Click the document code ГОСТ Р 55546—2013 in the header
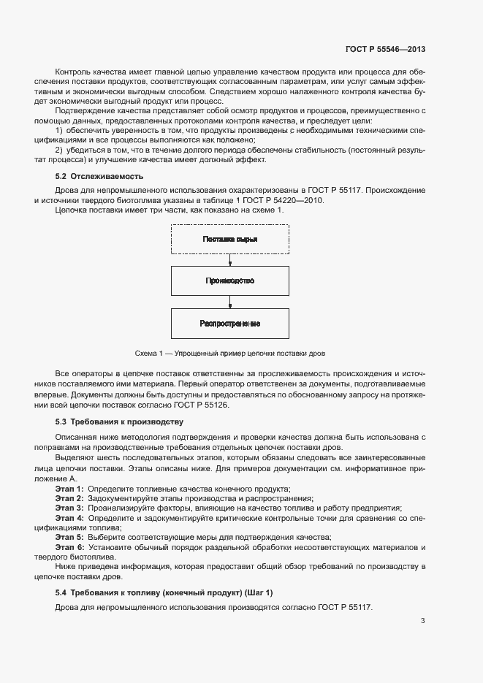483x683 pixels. (x=384, y=50)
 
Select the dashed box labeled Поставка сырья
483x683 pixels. (x=229, y=239)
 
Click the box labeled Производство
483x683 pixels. (x=229, y=281)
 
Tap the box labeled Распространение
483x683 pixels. (x=229, y=323)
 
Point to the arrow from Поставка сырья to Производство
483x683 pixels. (x=229, y=259)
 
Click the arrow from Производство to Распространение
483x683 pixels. (x=229, y=302)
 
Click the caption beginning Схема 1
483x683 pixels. (x=229, y=352)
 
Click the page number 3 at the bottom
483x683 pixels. (x=422, y=622)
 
